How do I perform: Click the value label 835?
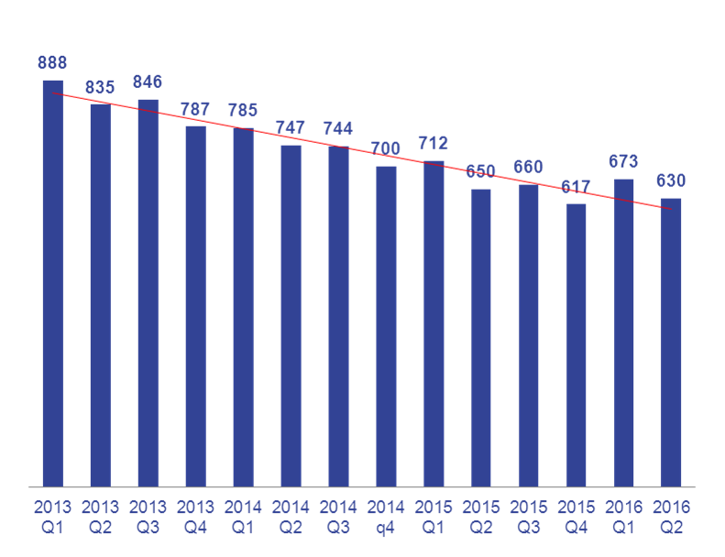[100, 88]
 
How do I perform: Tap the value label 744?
[338, 129]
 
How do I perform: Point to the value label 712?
[434, 144]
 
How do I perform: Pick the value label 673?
[624, 162]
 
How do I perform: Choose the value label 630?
[671, 181]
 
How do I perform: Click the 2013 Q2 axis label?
[100, 518]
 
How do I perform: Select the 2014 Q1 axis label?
[243, 518]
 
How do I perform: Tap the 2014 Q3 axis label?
[338, 518]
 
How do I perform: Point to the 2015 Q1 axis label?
[434, 518]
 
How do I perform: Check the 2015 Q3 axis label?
[529, 518]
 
